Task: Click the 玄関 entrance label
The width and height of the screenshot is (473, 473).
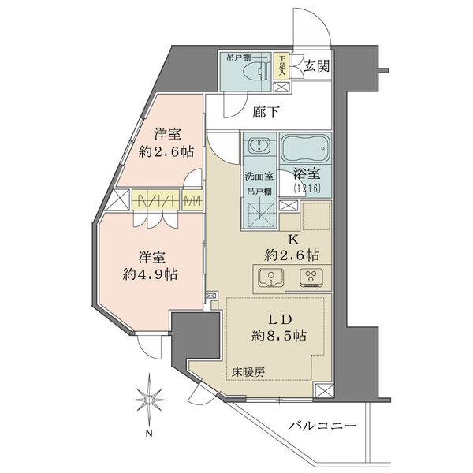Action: [x=316, y=65]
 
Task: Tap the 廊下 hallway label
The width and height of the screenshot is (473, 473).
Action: [x=266, y=112]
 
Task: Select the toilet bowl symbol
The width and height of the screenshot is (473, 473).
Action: [x=254, y=71]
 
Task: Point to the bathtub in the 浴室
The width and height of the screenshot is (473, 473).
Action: [x=306, y=148]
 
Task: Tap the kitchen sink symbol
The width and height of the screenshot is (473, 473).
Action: [x=271, y=277]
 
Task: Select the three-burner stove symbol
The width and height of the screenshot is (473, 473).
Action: [x=311, y=277]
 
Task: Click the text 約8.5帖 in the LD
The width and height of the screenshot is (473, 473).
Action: [x=279, y=336]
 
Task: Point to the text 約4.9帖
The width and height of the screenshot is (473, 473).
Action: [x=150, y=274]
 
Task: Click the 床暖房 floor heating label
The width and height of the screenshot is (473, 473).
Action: [x=248, y=373]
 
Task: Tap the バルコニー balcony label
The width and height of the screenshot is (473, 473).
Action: [x=323, y=426]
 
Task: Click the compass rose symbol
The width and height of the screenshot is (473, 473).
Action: [x=149, y=400]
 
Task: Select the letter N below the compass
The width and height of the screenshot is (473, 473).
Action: [x=149, y=434]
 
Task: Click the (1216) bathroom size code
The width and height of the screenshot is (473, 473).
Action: [x=307, y=188]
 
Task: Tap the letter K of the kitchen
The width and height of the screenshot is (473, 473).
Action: [x=293, y=240]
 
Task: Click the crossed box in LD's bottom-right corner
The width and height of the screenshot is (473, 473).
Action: [x=322, y=391]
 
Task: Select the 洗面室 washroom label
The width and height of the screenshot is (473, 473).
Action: [x=259, y=177]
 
